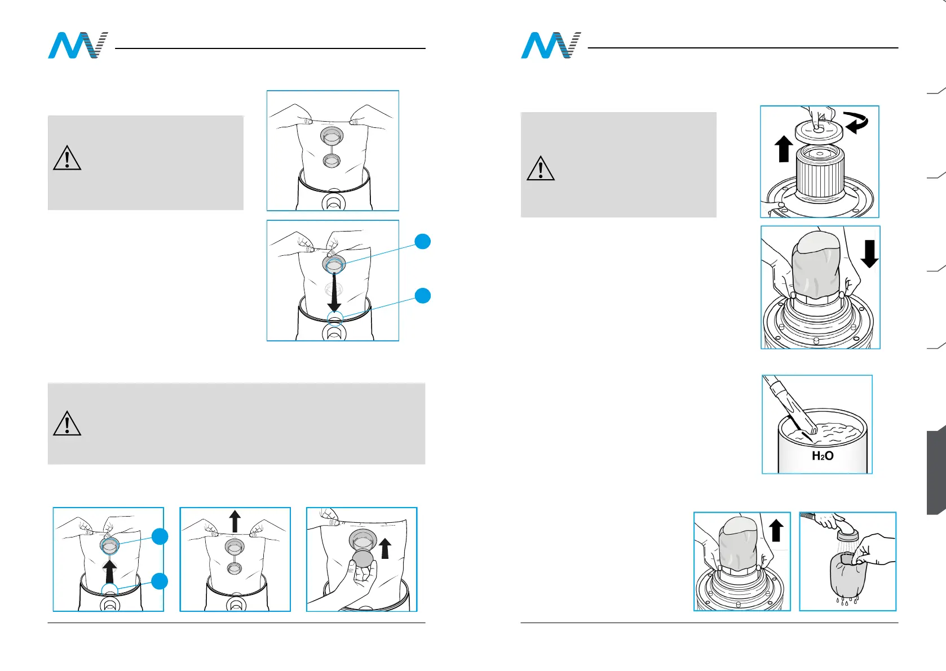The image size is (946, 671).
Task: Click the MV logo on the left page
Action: pyautogui.click(x=78, y=46)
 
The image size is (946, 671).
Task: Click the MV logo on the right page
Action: pyautogui.click(x=551, y=46)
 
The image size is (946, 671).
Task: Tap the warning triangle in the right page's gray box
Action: pyautogui.click(x=540, y=168)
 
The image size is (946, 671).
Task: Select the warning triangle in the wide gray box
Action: pyautogui.click(x=67, y=423)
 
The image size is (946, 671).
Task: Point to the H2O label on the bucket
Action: pyautogui.click(x=822, y=456)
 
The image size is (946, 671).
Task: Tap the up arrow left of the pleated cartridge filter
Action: pyautogui.click(x=783, y=149)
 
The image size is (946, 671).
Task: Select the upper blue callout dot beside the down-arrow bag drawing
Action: pyautogui.click(x=423, y=241)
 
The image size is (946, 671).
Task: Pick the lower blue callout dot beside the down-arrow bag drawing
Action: pyautogui.click(x=423, y=295)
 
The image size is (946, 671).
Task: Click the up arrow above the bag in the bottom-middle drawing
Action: pyautogui.click(x=235, y=521)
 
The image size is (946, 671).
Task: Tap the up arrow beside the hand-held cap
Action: pyautogui.click(x=385, y=548)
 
